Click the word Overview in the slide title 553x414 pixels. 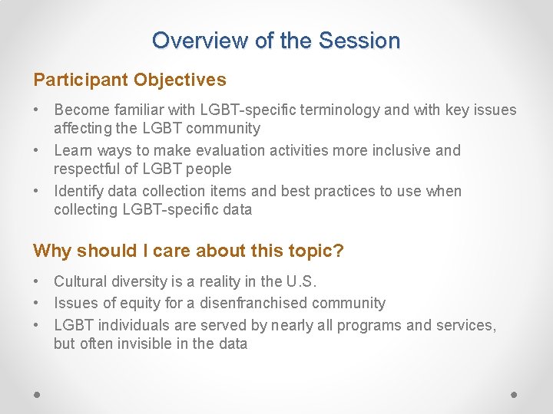pos(189,41)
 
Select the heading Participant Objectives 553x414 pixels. pos(130,80)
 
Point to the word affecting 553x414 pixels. pos(84,128)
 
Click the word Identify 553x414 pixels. pos(81,191)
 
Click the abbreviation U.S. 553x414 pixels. pos(300,281)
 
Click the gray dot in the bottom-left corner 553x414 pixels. pos(38,394)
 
